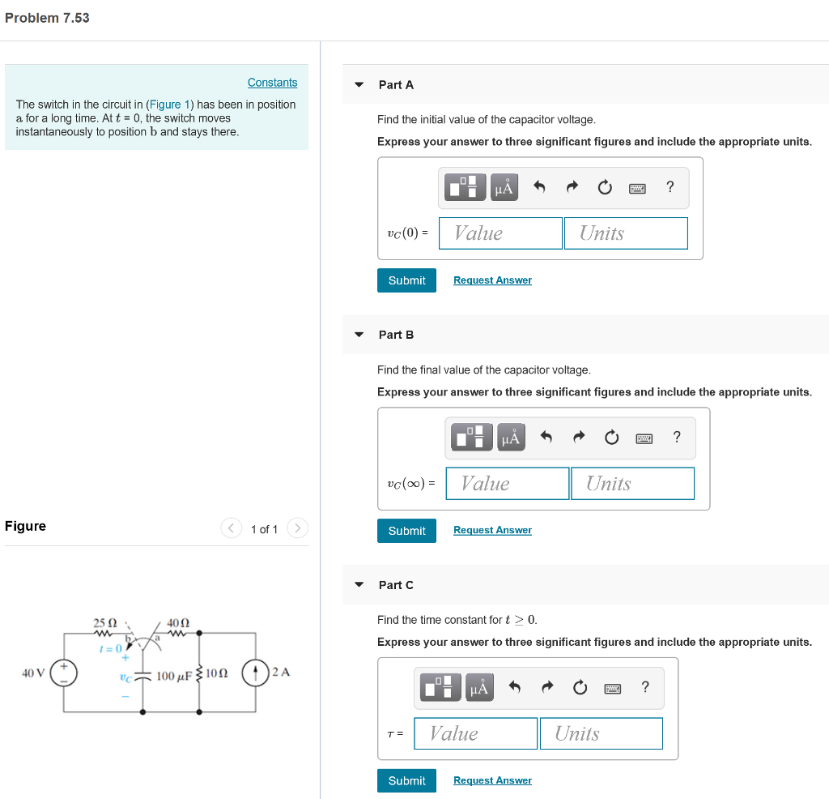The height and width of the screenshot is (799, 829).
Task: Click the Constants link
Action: (x=272, y=83)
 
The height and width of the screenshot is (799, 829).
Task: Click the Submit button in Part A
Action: (x=406, y=280)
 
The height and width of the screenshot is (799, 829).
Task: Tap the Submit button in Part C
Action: (x=406, y=780)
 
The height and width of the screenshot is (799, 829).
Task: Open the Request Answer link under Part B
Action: (x=492, y=530)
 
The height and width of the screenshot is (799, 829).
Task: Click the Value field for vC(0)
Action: (x=500, y=233)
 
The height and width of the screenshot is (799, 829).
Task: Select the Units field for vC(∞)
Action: (x=632, y=484)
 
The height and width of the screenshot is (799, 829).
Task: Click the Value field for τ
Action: (x=476, y=733)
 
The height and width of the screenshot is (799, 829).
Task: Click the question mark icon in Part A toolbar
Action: (x=670, y=188)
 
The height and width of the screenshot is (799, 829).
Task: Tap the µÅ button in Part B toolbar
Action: (x=510, y=438)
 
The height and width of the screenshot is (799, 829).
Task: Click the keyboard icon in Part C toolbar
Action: (x=612, y=688)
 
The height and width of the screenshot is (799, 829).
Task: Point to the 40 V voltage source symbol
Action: (x=63, y=673)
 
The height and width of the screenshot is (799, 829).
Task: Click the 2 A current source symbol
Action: (x=256, y=673)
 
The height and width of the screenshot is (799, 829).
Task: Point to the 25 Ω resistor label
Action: (x=105, y=623)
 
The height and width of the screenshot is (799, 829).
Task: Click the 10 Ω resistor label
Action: (x=217, y=673)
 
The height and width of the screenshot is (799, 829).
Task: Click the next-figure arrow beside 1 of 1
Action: (x=297, y=528)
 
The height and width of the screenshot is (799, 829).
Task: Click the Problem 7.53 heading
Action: (x=47, y=18)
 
